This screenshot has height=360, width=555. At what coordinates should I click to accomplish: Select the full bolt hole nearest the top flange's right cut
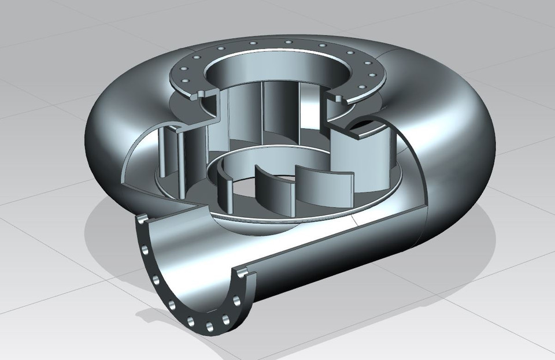coord(362,87)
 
